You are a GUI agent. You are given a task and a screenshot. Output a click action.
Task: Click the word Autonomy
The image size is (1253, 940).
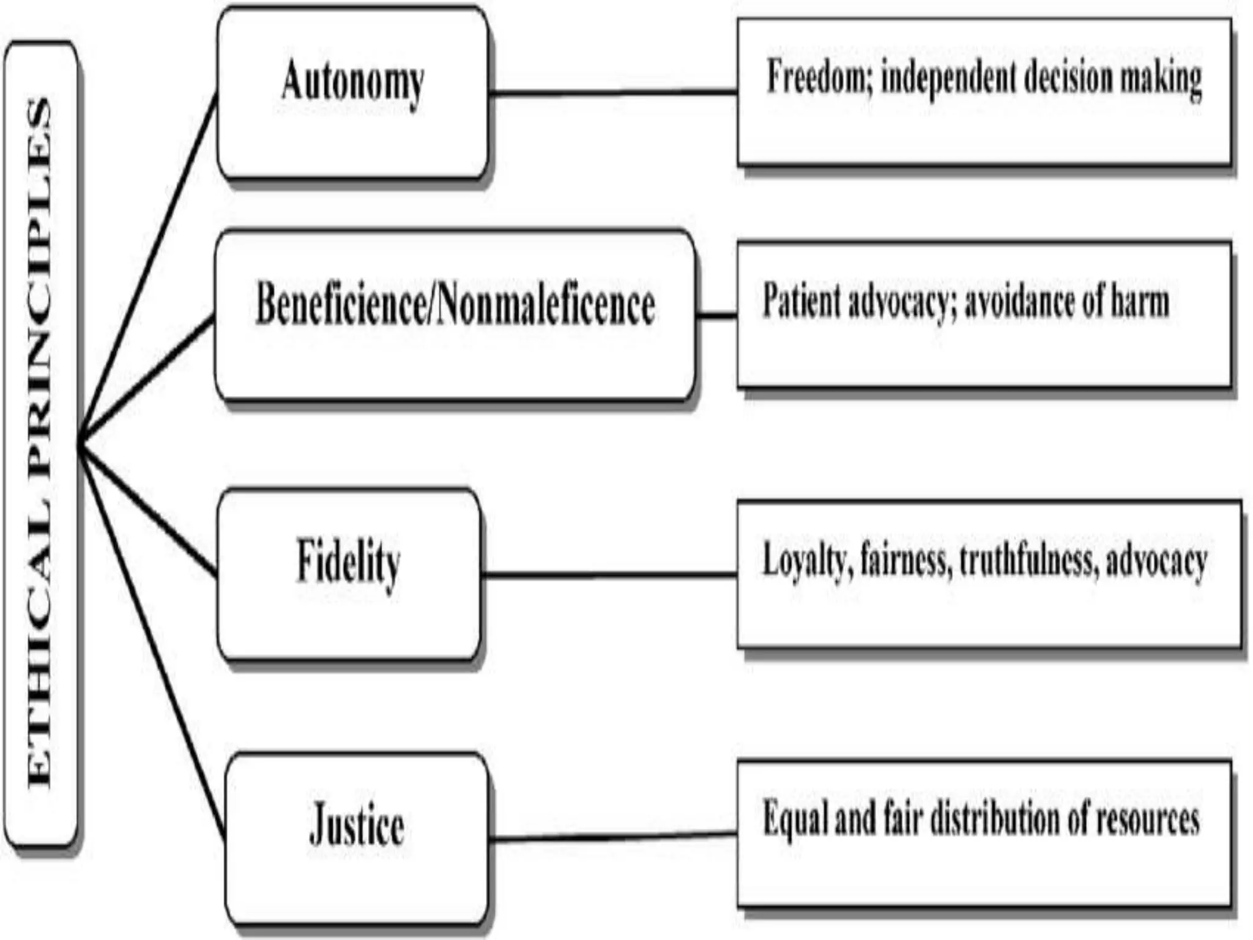[x=352, y=83]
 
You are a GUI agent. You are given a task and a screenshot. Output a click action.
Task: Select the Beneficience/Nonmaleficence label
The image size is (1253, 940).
[x=455, y=304]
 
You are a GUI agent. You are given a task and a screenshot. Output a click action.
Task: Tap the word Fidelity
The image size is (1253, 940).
[x=348, y=562]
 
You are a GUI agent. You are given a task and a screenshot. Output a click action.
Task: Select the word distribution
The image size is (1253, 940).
[x=995, y=819]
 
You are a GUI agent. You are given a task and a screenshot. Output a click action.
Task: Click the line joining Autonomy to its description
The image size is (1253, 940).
[x=612, y=93]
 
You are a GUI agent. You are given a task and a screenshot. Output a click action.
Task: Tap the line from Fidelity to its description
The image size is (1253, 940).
[x=609, y=575]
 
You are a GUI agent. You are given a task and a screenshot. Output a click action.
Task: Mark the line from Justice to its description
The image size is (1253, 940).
[x=612, y=836]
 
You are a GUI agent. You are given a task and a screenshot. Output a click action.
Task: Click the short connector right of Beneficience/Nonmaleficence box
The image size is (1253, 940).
[x=716, y=316]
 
